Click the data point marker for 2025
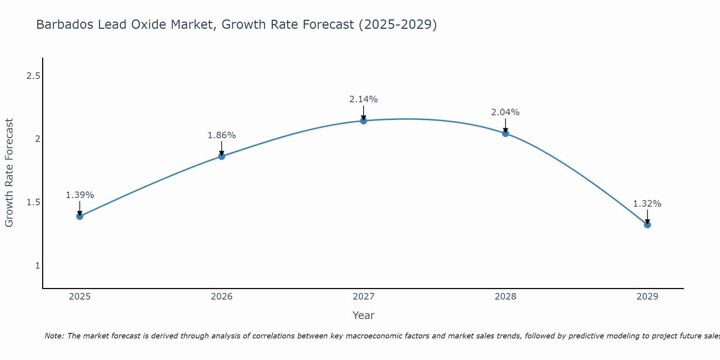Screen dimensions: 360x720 [x=80, y=216]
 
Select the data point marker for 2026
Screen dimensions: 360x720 [x=221, y=156]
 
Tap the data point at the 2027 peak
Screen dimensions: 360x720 [x=363, y=121]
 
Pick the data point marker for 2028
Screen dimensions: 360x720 [x=505, y=134]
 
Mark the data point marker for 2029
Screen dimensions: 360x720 [x=647, y=225]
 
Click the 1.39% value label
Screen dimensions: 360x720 [x=80, y=195]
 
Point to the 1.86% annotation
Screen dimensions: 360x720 [x=221, y=135]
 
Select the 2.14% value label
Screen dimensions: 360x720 [x=363, y=99]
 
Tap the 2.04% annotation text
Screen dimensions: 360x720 [x=505, y=112]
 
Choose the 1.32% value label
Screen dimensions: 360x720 [x=647, y=204]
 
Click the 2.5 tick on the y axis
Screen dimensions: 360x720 [x=33, y=76]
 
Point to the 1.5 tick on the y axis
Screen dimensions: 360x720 [x=33, y=202]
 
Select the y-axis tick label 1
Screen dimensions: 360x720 [x=37, y=266]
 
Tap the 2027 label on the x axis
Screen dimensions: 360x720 [x=363, y=297]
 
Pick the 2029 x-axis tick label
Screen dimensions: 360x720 [x=647, y=297]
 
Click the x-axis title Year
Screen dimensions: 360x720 [x=363, y=315]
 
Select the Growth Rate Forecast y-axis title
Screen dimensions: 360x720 [x=9, y=173]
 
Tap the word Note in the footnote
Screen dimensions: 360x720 [x=54, y=336]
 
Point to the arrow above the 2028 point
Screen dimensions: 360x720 [x=505, y=126]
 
